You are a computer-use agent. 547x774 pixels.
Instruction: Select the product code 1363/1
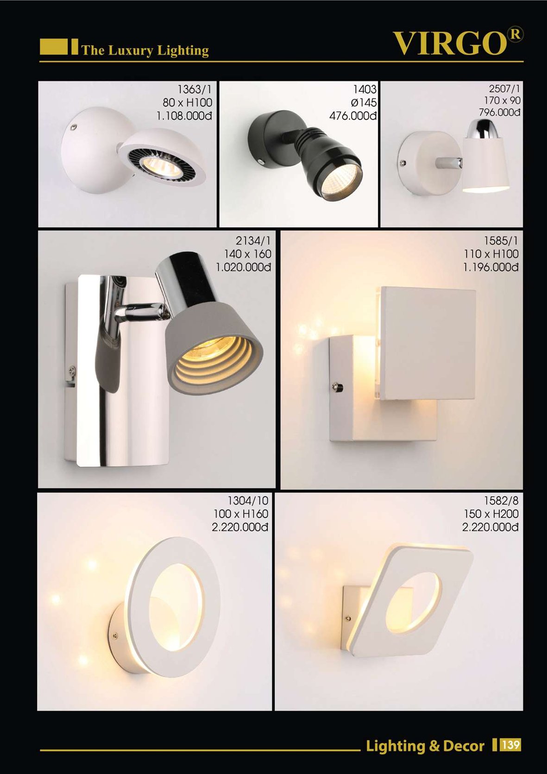pos(194,90)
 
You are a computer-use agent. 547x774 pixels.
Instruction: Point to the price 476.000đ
pos(352,116)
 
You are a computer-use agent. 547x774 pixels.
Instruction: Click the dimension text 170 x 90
pos(502,101)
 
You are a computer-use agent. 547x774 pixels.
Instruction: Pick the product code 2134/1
pos(253,240)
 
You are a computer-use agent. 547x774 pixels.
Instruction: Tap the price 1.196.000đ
pos(491,267)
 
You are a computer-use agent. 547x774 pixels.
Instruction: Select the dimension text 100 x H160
pos(241,514)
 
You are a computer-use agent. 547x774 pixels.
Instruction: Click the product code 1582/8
pos(501,501)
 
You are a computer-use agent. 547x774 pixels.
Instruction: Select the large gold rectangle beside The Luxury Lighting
pos(54,47)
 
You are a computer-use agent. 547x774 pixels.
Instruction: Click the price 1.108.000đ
pos(184,116)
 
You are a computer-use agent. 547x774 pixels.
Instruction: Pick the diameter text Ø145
pos(364,103)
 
